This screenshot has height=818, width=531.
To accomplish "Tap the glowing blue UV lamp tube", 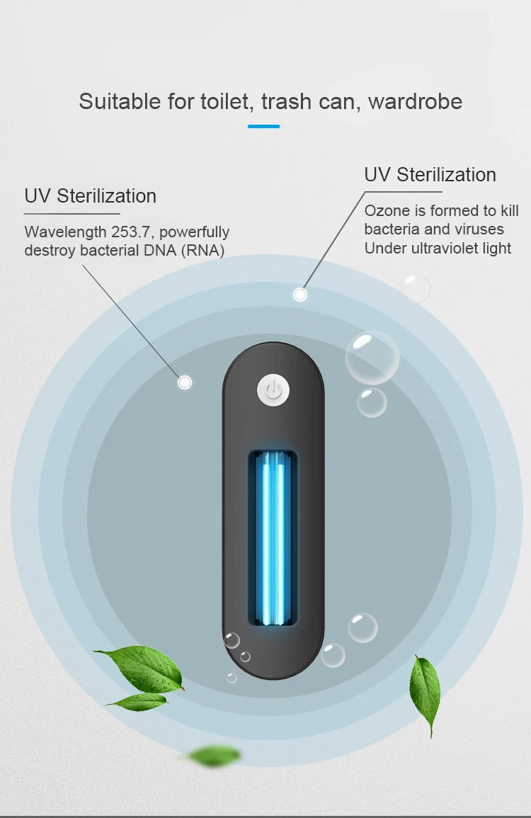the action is pyautogui.click(x=273, y=538).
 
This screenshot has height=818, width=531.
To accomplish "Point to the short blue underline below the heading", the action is pyautogui.click(x=264, y=126).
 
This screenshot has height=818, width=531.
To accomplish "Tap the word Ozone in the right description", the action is pyautogui.click(x=386, y=211).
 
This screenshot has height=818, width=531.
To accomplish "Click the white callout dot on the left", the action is pyautogui.click(x=185, y=382).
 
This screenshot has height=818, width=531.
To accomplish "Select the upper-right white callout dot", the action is pyautogui.click(x=300, y=294).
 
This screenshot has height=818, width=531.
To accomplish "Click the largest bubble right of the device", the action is pyautogui.click(x=372, y=358).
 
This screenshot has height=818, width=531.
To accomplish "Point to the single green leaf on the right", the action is pyautogui.click(x=425, y=694).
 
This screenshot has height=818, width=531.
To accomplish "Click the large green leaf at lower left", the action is pyautogui.click(x=142, y=669).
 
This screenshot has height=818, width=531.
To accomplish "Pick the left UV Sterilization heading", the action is pyautogui.click(x=90, y=196).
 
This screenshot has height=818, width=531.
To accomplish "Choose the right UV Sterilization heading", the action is pyautogui.click(x=430, y=175).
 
